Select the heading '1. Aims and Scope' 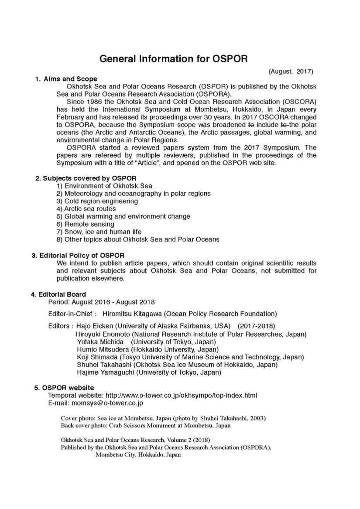[66, 79]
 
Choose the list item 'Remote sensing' [89, 224]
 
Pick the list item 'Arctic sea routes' [90, 209]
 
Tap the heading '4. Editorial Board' [58, 294]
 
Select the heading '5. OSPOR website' [64, 388]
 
